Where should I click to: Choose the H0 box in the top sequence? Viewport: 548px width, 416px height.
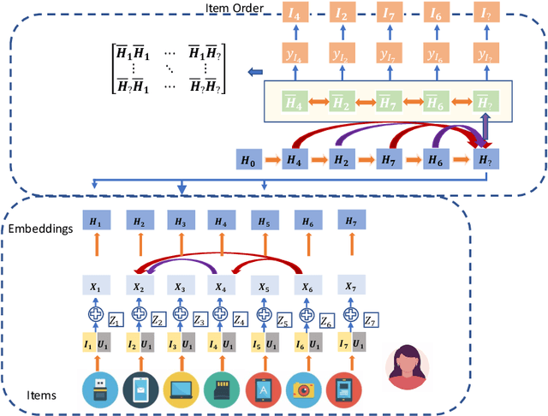(x=247, y=159)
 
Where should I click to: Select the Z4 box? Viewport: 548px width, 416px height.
(x=241, y=320)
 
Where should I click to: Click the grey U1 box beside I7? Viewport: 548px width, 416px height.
(x=355, y=345)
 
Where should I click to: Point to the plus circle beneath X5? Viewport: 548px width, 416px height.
(x=263, y=314)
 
